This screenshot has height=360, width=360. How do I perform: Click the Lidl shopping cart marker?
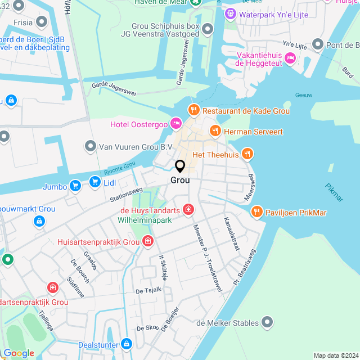(94, 182)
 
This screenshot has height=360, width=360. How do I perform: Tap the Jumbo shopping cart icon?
(74, 186)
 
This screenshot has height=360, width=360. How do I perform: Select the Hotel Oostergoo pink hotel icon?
(175, 123)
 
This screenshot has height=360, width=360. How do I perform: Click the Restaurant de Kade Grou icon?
(194, 110)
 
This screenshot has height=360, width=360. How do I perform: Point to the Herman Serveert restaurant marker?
(214, 131)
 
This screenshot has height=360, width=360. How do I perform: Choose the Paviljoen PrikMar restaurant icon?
(256, 212)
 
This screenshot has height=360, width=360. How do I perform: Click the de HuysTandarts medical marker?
(188, 210)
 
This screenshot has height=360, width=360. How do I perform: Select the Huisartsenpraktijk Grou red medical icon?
(147, 241)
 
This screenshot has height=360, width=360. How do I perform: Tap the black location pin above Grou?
(180, 167)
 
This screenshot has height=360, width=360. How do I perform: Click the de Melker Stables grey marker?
(268, 322)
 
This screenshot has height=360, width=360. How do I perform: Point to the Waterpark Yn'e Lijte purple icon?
(229, 13)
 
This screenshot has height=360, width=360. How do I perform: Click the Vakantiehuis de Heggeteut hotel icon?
(290, 57)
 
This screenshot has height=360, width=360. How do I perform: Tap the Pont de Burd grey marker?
(318, 44)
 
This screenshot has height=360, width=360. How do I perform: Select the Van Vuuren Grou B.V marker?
(90, 147)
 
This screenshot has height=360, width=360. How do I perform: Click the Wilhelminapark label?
(145, 220)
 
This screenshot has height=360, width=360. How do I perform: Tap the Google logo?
(19, 353)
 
